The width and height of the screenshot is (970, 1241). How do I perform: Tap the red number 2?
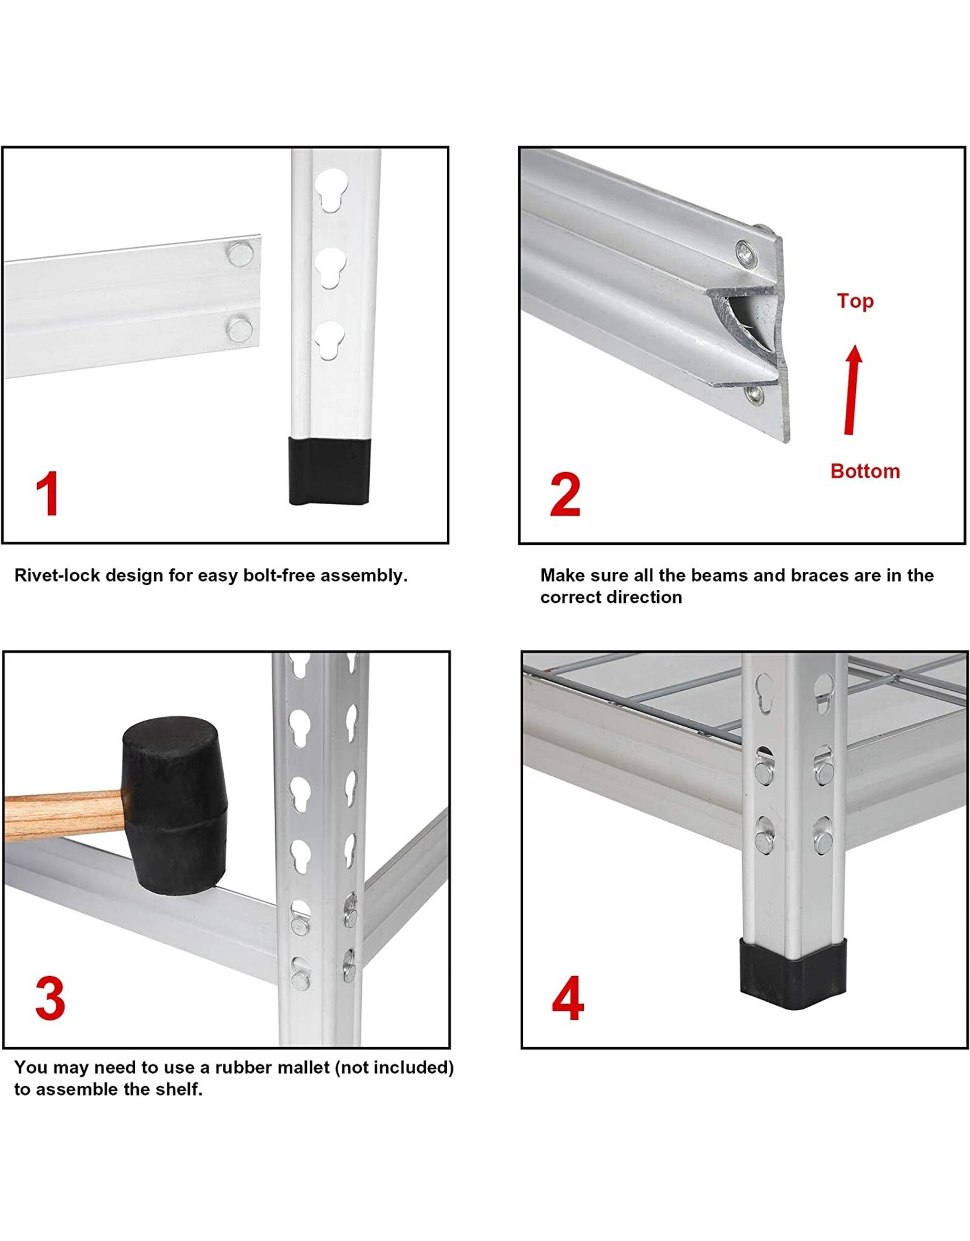[x=565, y=494]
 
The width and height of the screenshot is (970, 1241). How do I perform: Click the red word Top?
[x=855, y=301]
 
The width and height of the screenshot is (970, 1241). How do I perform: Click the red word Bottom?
[x=865, y=471]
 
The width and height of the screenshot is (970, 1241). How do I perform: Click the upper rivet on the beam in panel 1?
[x=240, y=253]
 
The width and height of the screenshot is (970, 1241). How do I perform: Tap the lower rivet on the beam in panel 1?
[x=239, y=330]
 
